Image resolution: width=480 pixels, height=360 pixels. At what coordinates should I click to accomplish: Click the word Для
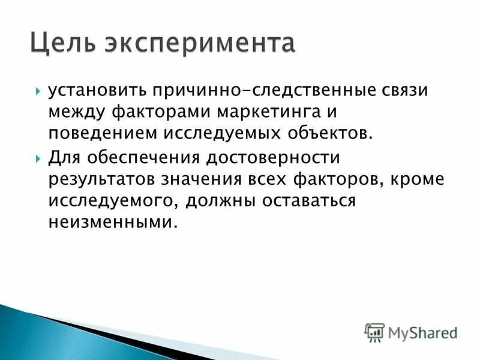(x=61, y=159)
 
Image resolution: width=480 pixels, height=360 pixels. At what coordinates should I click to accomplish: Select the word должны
(x=223, y=200)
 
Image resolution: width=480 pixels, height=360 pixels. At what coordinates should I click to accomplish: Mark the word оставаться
(x=309, y=200)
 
